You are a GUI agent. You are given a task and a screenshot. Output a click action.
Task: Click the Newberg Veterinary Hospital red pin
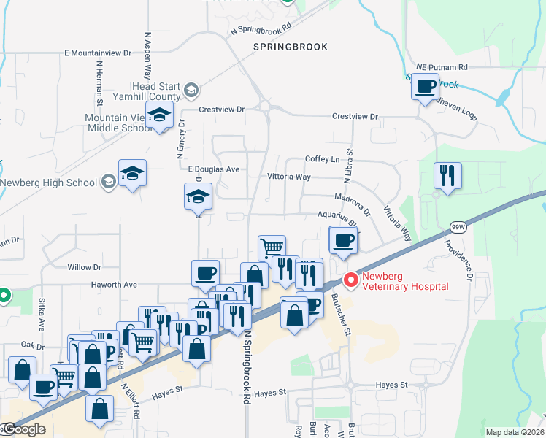[351, 280]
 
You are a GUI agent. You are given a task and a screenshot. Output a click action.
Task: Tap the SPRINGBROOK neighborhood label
[290, 47]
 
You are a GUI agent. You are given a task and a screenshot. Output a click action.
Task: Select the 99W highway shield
[458, 227]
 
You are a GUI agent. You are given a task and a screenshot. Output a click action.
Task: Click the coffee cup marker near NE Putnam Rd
[425, 88]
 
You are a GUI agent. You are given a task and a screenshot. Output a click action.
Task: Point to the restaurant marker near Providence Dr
[447, 176]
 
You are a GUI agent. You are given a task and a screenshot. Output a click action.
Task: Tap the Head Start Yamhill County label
[146, 91]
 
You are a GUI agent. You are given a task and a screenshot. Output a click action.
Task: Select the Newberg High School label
[50, 182]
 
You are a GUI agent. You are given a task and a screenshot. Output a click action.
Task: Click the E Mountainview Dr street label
[97, 53]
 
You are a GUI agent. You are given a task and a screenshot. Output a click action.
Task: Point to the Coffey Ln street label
[323, 159]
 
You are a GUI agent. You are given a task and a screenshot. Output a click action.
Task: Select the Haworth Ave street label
[114, 285]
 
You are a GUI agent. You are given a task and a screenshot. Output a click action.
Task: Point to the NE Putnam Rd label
[442, 67]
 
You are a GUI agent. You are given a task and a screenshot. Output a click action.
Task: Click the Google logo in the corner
[23, 429]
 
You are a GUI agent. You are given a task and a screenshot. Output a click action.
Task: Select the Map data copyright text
[515, 432]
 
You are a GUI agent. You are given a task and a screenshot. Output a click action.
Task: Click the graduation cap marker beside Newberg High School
[133, 174]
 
